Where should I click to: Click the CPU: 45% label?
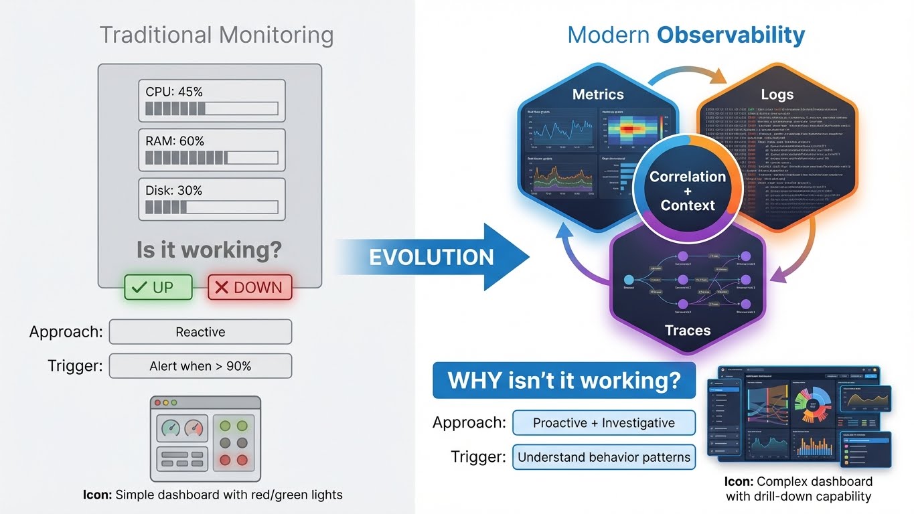[x=174, y=92]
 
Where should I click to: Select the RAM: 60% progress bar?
[x=212, y=158]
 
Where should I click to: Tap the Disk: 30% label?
[x=174, y=190]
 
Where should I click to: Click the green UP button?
[x=158, y=287]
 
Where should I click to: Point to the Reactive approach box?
[x=200, y=332]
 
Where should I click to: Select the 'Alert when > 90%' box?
[x=200, y=366]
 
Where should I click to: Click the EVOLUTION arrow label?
[x=431, y=257]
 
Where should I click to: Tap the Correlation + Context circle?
[x=688, y=191]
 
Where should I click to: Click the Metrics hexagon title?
[x=598, y=94]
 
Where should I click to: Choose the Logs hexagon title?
[x=777, y=94]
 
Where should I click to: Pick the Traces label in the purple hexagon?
[x=688, y=330]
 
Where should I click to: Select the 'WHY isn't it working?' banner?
[x=564, y=381]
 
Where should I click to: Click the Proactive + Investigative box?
[x=603, y=423]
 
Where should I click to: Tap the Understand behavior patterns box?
[x=603, y=458]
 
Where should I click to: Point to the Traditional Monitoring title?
[x=216, y=35]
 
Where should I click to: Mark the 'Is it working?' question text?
[x=209, y=250]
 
